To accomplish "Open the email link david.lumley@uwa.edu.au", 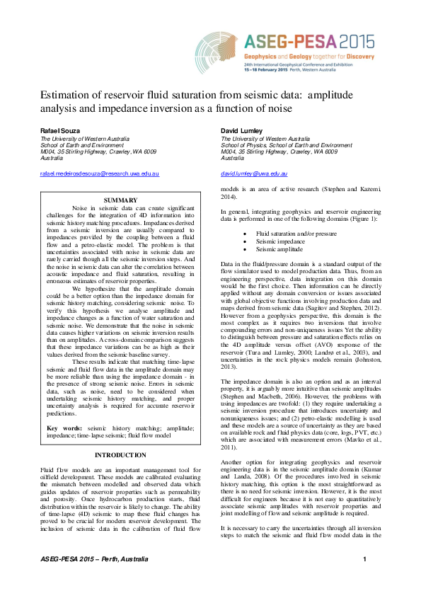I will coord(254,173).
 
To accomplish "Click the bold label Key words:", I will coord(64,428).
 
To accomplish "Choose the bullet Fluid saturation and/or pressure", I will coord(296,233).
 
